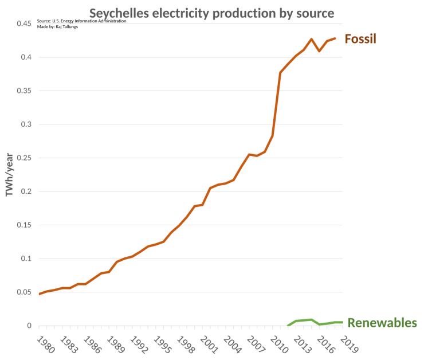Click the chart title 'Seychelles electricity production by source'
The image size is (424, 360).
pyautogui.click(x=211, y=13)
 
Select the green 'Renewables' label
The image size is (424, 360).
pyautogui.click(x=382, y=323)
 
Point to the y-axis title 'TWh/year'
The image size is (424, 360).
pyautogui.click(x=9, y=174)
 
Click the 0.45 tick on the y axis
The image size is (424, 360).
pyautogui.click(x=23, y=24)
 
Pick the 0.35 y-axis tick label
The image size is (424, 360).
pyautogui.click(x=23, y=91)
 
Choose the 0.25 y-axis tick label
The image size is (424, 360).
pyautogui.click(x=23, y=158)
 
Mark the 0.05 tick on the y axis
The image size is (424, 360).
pyautogui.click(x=23, y=292)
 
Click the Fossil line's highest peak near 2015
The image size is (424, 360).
pyautogui.click(x=311, y=39)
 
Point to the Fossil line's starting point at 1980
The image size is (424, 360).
pyautogui.click(x=40, y=294)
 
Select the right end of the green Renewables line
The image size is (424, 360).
pyautogui.click(x=342, y=322)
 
